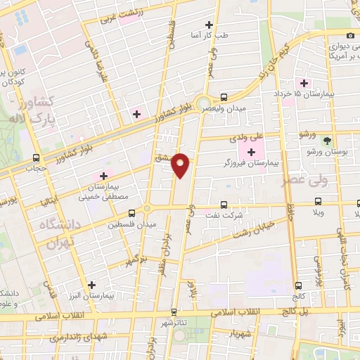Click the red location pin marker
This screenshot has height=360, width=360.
coord(181,165)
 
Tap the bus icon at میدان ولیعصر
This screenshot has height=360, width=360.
coord(224,97)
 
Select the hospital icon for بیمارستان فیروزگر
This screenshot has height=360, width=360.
coord(252,152)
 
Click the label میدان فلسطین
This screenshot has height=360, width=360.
coord(125,224)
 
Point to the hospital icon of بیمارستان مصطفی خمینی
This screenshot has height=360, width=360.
coord(104,176)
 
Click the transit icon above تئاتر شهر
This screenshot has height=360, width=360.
coord(174,310)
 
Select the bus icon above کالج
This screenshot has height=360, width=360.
coord(300,285)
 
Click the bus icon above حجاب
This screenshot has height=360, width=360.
coord(35,157)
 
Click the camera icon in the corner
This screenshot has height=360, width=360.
coord(350,35)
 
